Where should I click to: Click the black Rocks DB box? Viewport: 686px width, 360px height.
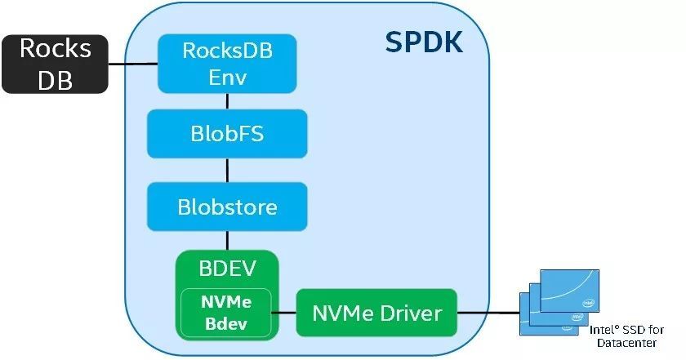click(x=56, y=64)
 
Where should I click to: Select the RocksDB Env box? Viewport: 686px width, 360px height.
click(x=227, y=64)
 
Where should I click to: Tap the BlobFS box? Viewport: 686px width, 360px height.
click(x=227, y=134)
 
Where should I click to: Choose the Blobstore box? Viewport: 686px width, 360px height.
click(x=227, y=207)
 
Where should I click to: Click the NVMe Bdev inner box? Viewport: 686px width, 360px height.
click(x=226, y=313)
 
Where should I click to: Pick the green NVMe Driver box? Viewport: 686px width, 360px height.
click(x=377, y=313)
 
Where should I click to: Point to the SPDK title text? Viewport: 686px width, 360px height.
click(x=424, y=42)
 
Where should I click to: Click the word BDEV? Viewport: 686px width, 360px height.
click(x=227, y=268)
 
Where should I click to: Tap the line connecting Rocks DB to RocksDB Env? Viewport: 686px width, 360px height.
click(x=133, y=64)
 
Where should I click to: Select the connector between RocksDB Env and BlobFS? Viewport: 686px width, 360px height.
click(x=227, y=101)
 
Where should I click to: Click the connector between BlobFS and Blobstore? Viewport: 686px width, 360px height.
click(x=227, y=170)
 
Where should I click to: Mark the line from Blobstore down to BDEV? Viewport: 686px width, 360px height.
click(x=227, y=241)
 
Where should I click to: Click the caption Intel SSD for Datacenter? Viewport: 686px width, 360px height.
click(x=626, y=335)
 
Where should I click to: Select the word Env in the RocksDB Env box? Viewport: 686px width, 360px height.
click(x=227, y=78)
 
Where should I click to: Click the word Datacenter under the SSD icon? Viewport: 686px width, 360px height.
click(x=626, y=341)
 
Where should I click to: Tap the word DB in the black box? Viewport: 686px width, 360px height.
click(x=56, y=79)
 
